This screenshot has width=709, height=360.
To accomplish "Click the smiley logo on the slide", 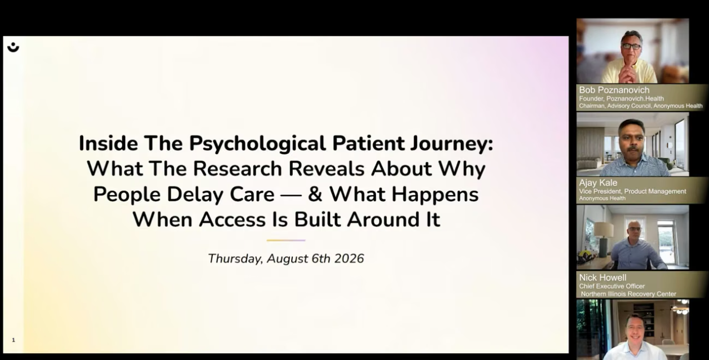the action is (13, 47).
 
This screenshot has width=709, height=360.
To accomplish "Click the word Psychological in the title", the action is (257, 144).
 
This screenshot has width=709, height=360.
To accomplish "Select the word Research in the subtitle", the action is (237, 169).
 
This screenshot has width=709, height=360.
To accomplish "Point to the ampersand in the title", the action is (315, 194).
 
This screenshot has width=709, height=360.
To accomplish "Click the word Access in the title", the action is (232, 219).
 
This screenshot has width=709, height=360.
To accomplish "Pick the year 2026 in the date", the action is (349, 259).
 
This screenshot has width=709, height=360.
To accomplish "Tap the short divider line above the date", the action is (286, 241).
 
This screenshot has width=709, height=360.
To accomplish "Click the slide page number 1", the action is (13, 340).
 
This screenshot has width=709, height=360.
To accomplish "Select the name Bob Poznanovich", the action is (614, 90).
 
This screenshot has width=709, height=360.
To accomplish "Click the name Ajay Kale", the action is (598, 183).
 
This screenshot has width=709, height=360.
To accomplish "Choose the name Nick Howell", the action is (603, 278).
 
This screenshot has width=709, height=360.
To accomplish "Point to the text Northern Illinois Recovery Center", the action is (628, 294).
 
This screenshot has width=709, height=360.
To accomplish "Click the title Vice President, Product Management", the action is (632, 191).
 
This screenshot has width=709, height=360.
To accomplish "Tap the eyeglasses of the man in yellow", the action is (631, 47).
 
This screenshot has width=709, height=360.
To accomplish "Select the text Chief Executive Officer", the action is (612, 286).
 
